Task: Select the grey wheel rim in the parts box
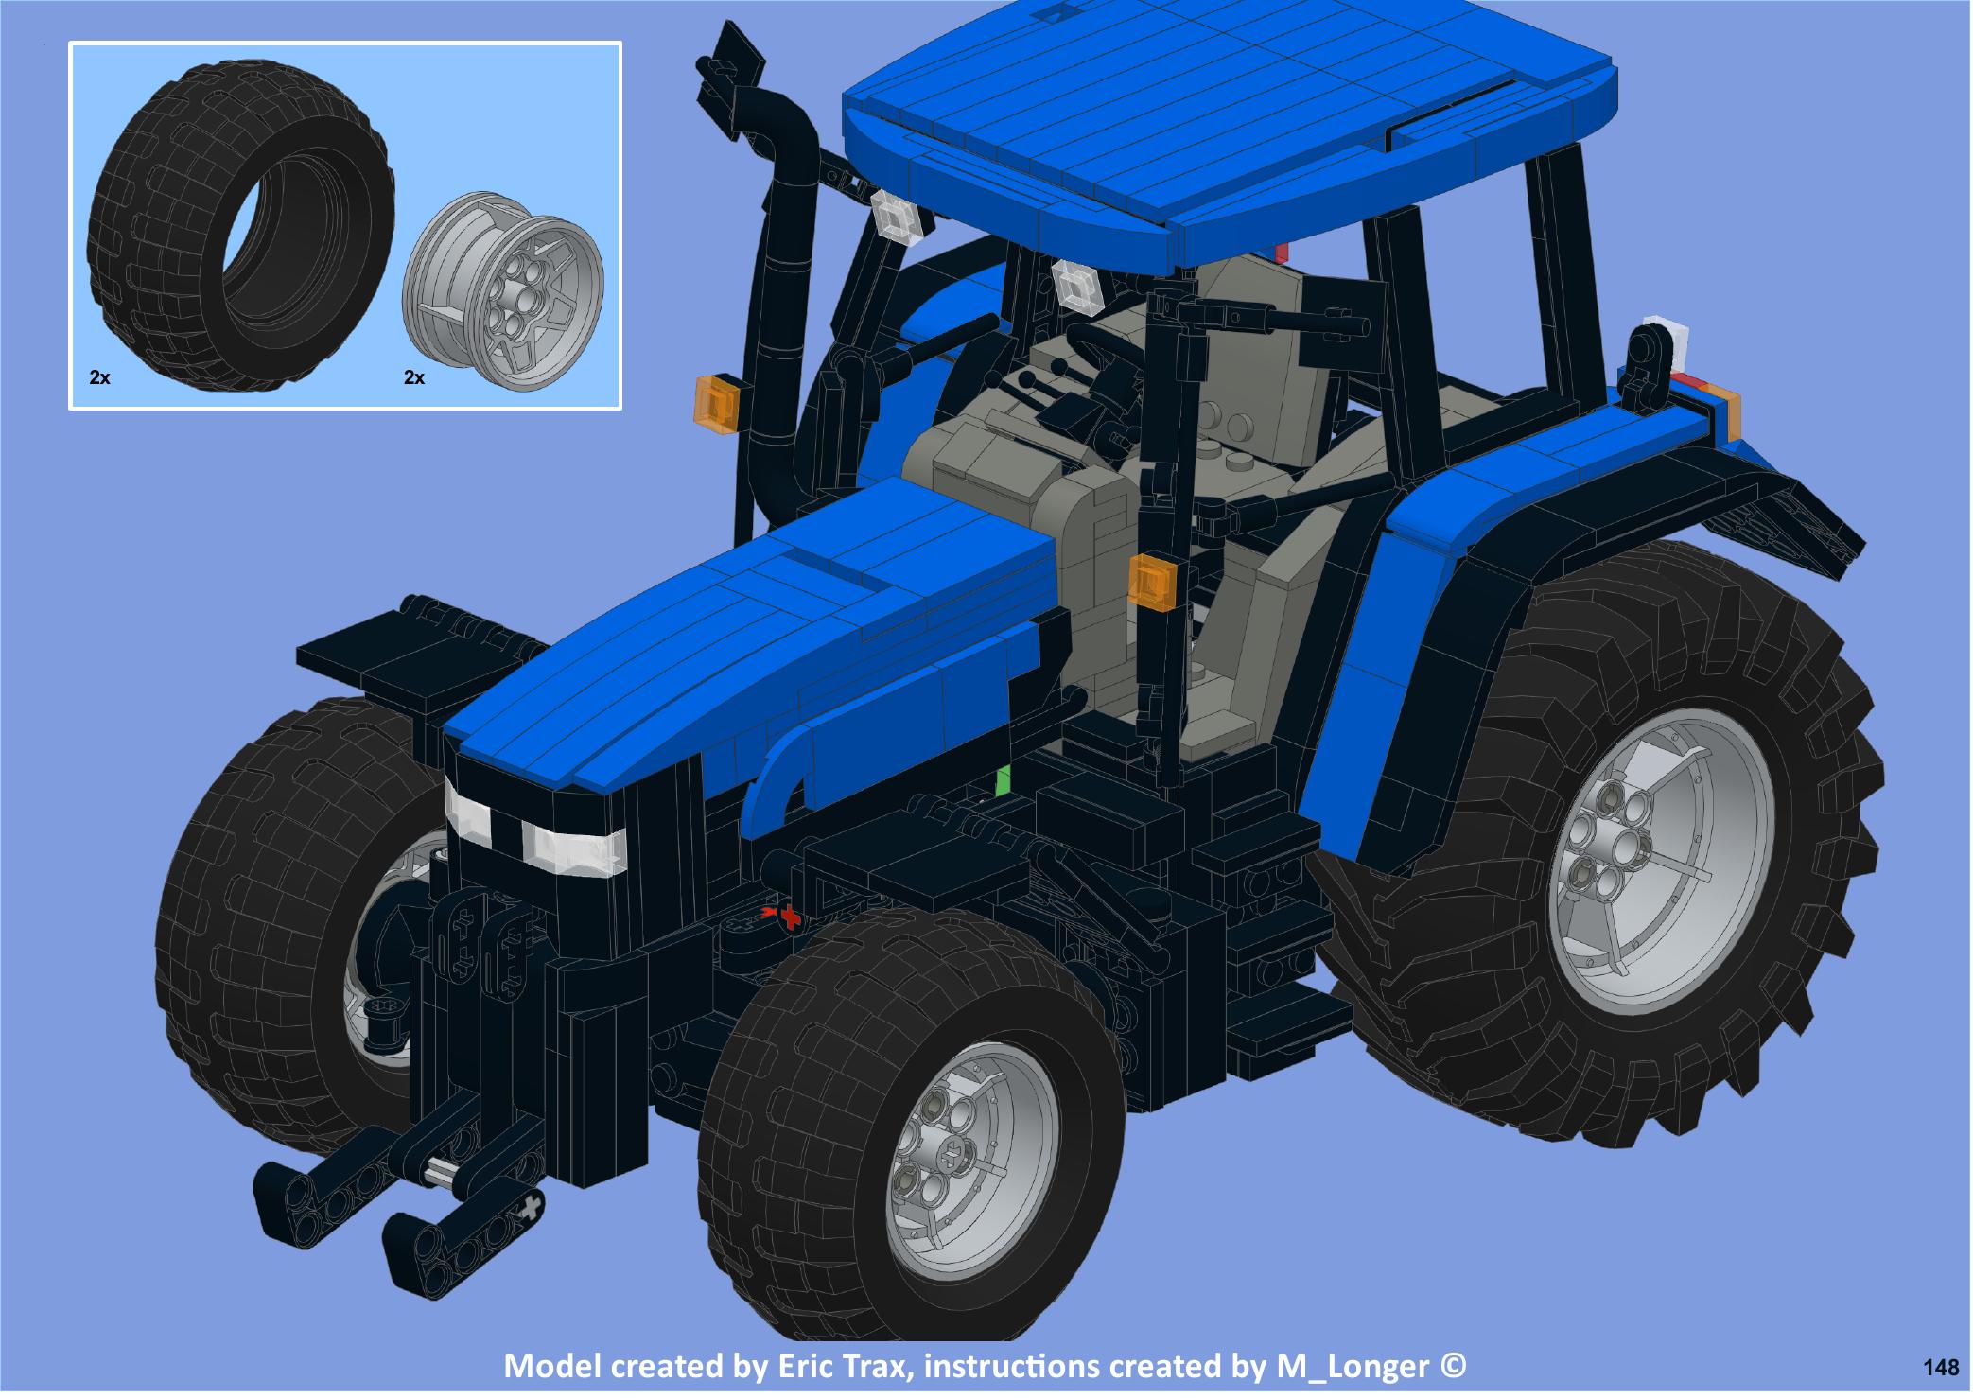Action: pyautogui.click(x=507, y=303)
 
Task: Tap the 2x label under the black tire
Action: pyautogui.click(x=99, y=378)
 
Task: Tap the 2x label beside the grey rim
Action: pyautogui.click(x=414, y=378)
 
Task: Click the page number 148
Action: pyautogui.click(x=1941, y=1368)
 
